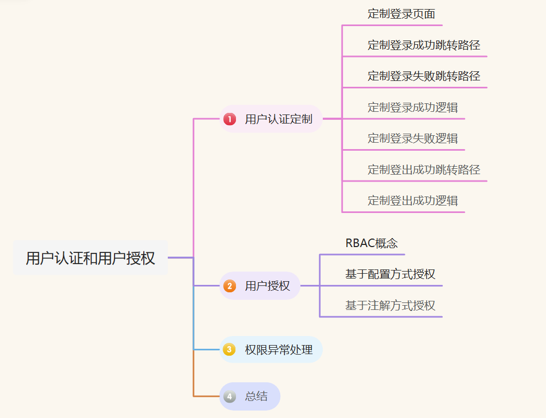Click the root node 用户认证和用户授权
(x=91, y=258)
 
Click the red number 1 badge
(x=230, y=119)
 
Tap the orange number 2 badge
(x=230, y=286)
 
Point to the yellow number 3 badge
(x=230, y=350)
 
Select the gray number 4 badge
(x=230, y=396)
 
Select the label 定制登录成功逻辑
(x=412, y=107)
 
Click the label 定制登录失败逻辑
(x=412, y=138)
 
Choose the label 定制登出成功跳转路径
(x=423, y=170)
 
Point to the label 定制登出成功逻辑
(x=412, y=201)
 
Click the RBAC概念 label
(x=371, y=243)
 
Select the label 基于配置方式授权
(x=390, y=274)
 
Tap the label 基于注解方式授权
(x=390, y=306)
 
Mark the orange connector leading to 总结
(x=205, y=396)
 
